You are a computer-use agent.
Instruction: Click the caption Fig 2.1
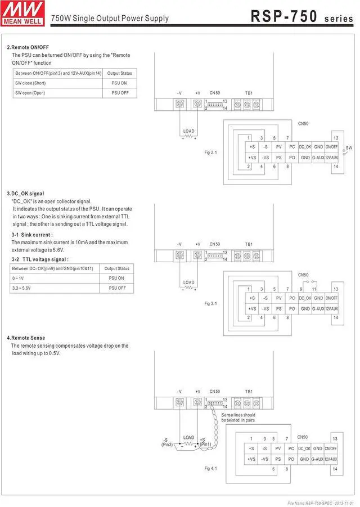[x=210, y=152]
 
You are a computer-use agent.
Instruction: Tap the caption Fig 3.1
[x=210, y=303]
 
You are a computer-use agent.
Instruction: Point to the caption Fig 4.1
[x=210, y=468]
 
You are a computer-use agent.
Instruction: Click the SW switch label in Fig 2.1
[x=349, y=147]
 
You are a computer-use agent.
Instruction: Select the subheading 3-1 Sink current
[x=32, y=234]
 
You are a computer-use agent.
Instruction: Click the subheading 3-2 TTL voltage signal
[x=40, y=259]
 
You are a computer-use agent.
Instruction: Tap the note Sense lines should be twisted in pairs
[x=238, y=418]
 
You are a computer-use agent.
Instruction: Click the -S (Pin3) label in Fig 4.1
[x=167, y=442]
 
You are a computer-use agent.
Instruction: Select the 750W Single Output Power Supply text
[x=110, y=18]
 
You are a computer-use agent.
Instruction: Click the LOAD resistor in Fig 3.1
[x=189, y=288]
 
